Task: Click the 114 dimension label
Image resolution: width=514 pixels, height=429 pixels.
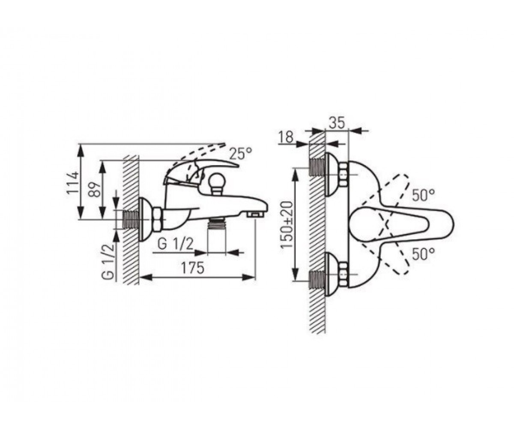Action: tap(73, 183)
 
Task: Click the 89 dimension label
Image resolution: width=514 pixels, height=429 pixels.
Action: tap(94, 190)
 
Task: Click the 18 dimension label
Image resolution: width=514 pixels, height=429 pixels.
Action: tap(286, 137)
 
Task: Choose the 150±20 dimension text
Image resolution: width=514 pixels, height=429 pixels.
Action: tap(287, 225)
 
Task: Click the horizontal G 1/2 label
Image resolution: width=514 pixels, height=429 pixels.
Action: tap(176, 245)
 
